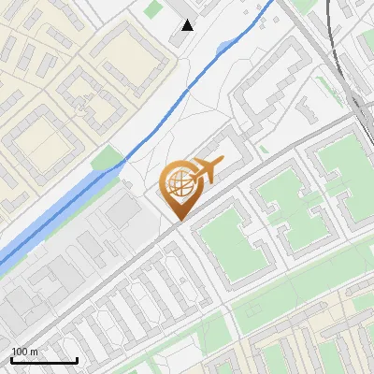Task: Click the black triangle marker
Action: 188,25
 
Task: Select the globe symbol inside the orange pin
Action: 178,187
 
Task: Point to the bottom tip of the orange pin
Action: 178,222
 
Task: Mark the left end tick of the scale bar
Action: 11,358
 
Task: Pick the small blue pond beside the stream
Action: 223,47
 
